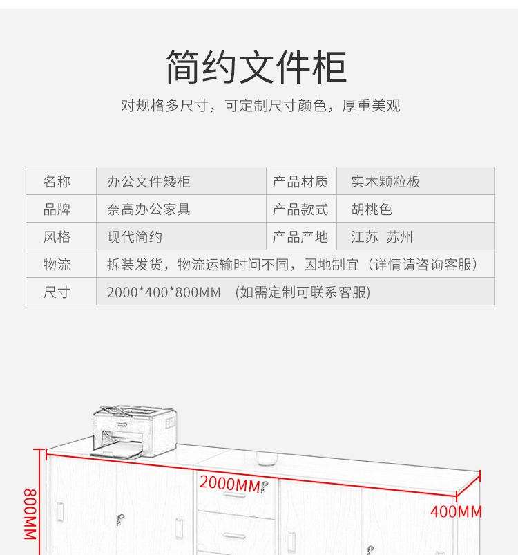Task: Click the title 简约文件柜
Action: pos(256,67)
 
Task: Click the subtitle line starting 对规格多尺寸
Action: pos(260,106)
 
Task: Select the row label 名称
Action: pos(57,182)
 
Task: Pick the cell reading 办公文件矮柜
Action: pos(148,182)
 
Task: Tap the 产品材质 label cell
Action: pos(300,182)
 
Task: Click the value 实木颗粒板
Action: pos(385,182)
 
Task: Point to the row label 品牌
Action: pos(57,209)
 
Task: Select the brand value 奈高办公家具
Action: pos(148,209)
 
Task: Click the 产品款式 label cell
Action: pos(300,209)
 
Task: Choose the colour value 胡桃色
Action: pos(372,209)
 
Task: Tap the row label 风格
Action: pos(57,237)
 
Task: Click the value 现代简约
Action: pos(134,237)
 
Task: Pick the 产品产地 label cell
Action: pos(300,237)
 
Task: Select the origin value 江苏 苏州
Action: pos(382,237)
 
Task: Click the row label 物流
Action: pos(57,265)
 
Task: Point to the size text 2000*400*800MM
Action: pos(163,292)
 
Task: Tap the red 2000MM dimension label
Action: pos(229,485)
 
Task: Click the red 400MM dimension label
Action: pos(456,512)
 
